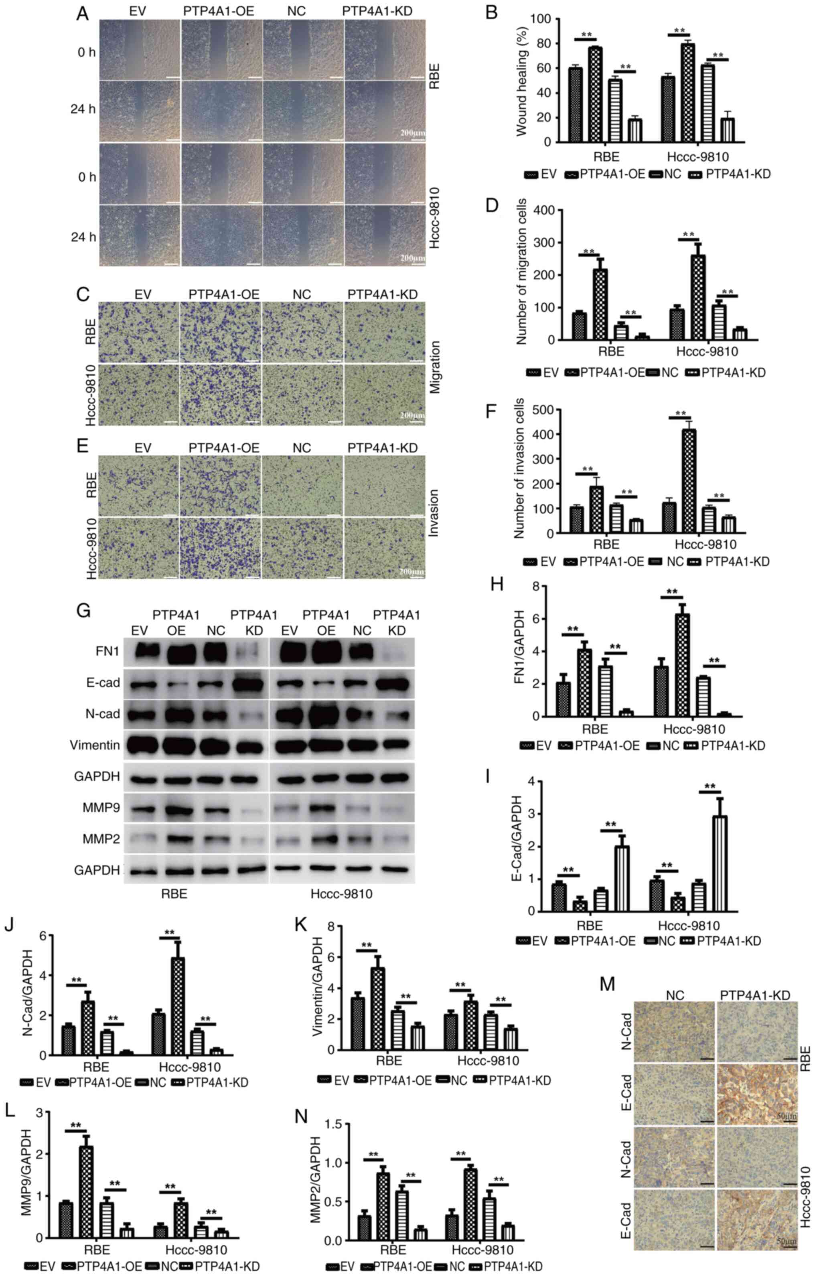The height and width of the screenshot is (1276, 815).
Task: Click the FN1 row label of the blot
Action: click(x=107, y=651)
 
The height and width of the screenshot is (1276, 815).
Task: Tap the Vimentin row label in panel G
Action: click(x=94, y=745)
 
